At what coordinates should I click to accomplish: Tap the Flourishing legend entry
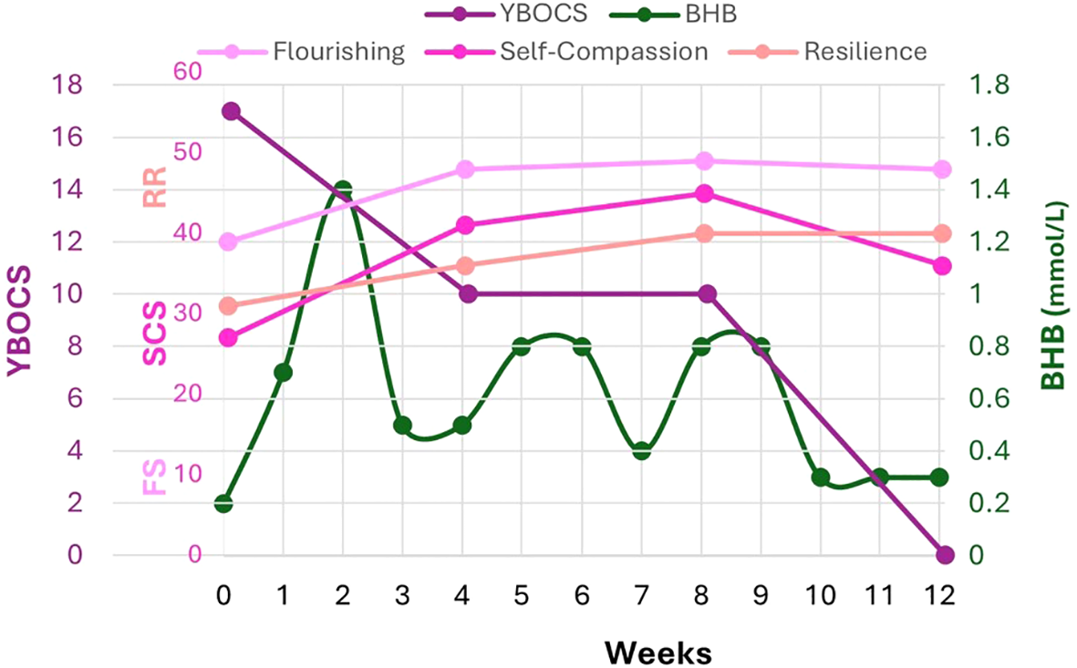coord(338,51)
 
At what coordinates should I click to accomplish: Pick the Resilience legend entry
coord(865,51)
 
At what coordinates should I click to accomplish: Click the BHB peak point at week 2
coord(343,190)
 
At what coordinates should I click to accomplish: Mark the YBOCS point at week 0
coord(231,111)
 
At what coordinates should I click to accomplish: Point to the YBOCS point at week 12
coord(944,555)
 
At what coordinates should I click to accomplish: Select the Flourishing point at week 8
coord(704,161)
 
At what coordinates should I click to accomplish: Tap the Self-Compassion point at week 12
coord(943,265)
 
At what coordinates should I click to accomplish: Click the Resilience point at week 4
coord(465,265)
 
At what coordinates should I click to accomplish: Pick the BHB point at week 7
coord(642,450)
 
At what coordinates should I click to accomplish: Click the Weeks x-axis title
coord(658,652)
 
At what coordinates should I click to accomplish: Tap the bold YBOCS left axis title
coord(20,321)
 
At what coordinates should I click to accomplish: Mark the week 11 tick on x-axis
coord(880,595)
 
